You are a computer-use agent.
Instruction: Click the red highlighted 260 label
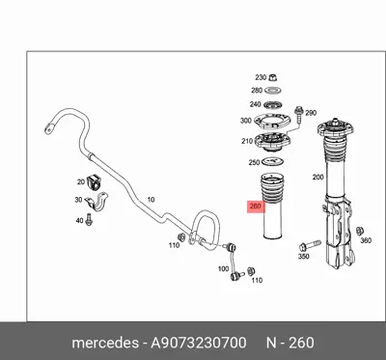pyautogui.click(x=255, y=206)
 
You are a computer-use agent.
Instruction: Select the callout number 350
pyautogui.click(x=303, y=258)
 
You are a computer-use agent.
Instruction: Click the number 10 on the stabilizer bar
pyautogui.click(x=150, y=199)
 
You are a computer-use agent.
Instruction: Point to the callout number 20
pyautogui.click(x=81, y=181)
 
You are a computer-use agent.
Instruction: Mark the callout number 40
pyautogui.click(x=79, y=221)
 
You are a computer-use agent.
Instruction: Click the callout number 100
pyautogui.click(x=223, y=267)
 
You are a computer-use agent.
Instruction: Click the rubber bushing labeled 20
pyautogui.click(x=96, y=182)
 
